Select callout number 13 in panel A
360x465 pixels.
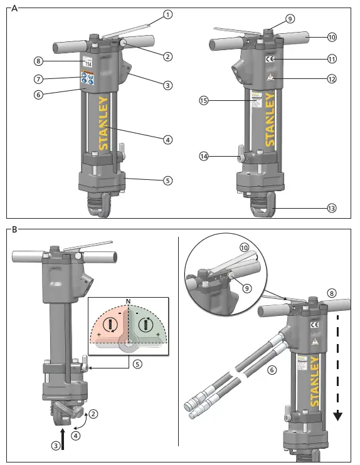point(332,207)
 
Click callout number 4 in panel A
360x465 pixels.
point(167,140)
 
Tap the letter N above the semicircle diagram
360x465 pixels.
point(129,302)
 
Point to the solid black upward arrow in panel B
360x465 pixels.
point(63,435)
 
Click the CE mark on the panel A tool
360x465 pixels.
point(270,60)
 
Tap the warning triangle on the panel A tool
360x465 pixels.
point(270,78)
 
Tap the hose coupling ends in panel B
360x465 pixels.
point(194,407)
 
